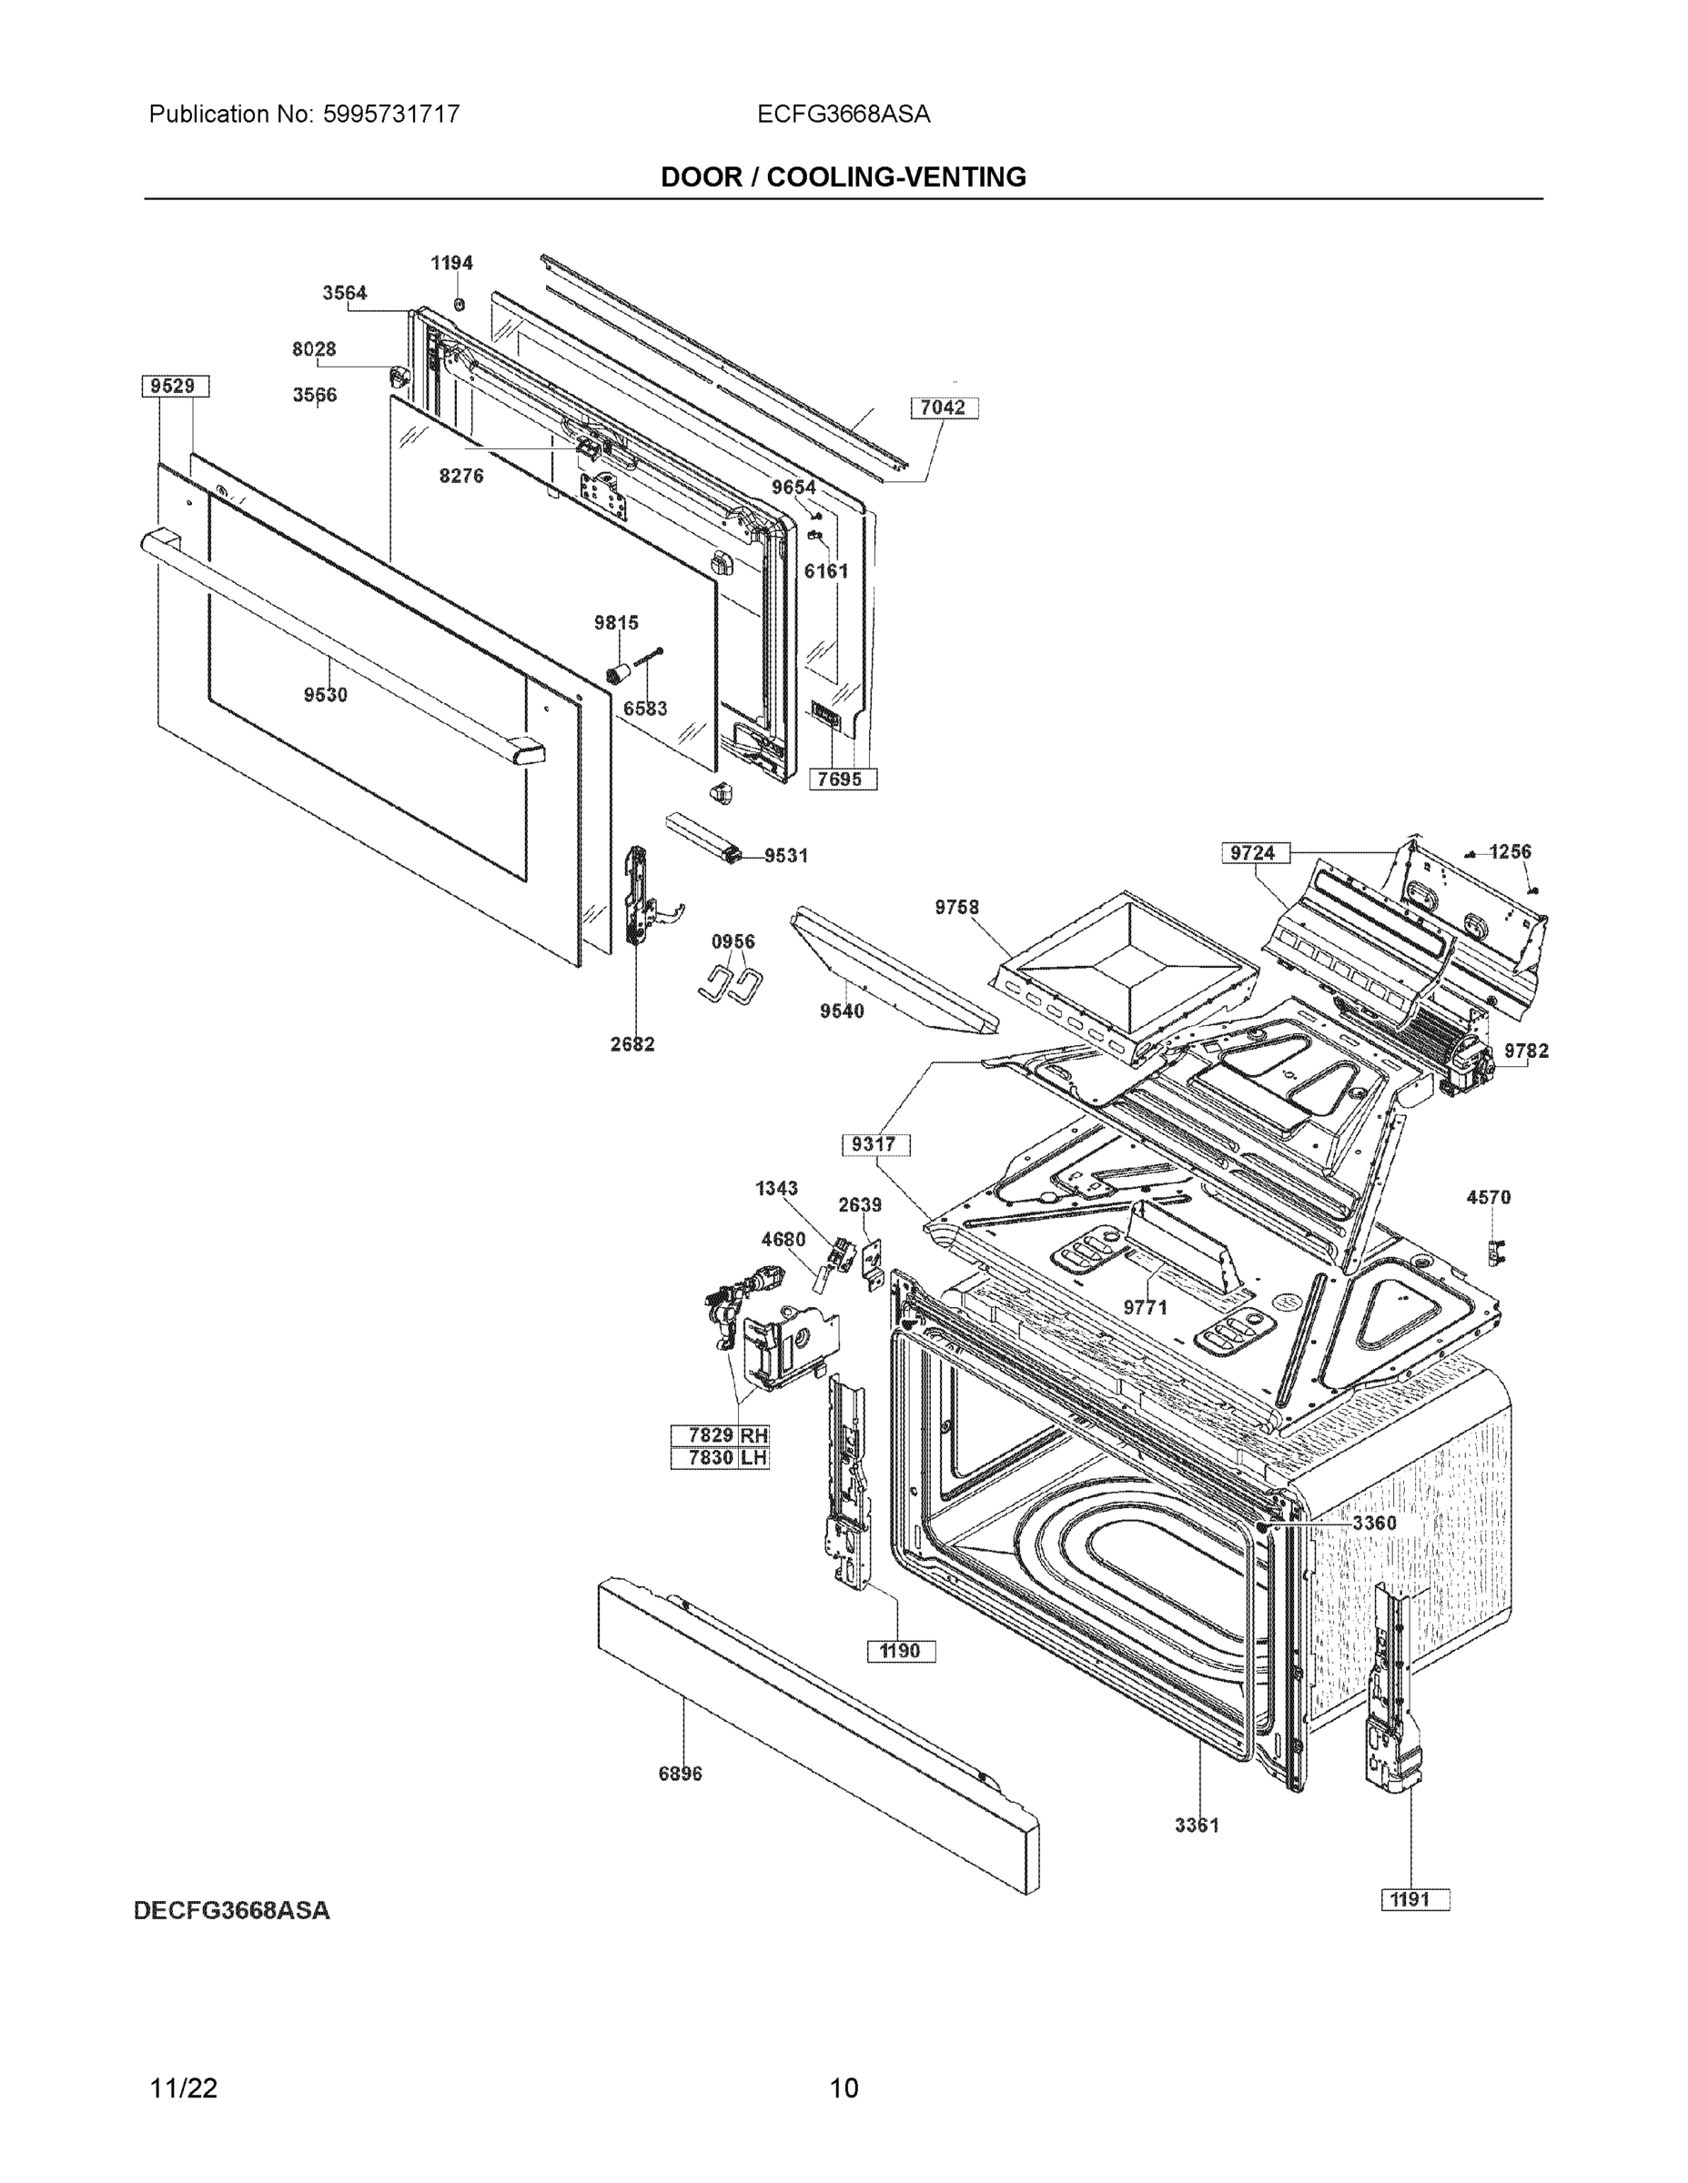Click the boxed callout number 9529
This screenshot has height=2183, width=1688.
point(175,386)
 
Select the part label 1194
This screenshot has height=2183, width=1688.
point(451,263)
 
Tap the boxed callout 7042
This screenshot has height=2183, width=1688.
point(943,407)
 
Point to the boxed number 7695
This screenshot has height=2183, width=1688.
point(842,779)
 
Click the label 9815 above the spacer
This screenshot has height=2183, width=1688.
point(616,623)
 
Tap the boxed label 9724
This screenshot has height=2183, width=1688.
point(1254,852)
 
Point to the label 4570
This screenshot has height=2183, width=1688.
point(1488,1196)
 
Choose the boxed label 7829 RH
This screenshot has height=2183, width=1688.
point(719,1435)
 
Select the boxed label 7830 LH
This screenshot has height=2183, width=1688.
point(719,1457)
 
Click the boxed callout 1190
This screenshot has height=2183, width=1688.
point(900,1650)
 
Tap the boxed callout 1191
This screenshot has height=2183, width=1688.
point(1414,1899)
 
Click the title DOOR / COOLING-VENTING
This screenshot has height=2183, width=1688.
point(843,177)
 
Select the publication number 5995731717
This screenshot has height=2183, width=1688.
point(391,114)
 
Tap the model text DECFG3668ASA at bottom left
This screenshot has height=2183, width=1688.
point(231,1910)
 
